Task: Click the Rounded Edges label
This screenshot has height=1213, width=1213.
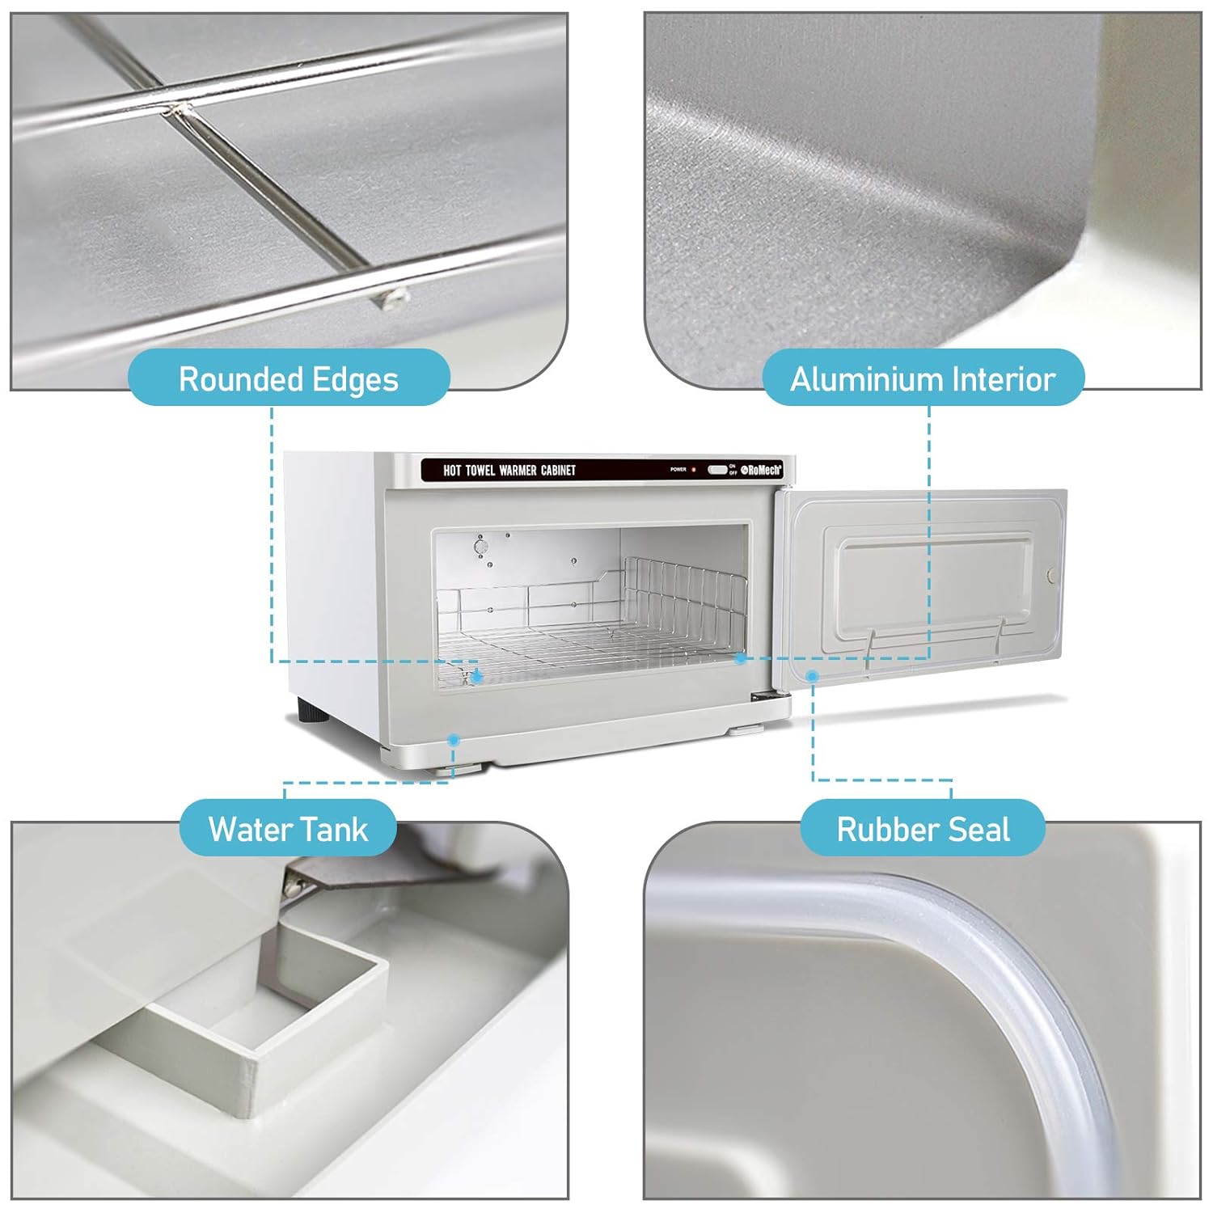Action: click(x=289, y=378)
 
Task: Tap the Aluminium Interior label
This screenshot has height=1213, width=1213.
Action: click(x=923, y=378)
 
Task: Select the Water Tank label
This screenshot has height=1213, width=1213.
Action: click(x=288, y=829)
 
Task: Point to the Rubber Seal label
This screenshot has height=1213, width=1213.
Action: click(x=923, y=829)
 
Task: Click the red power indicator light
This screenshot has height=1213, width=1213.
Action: click(x=693, y=469)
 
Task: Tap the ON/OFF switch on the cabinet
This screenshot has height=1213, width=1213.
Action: click(x=717, y=469)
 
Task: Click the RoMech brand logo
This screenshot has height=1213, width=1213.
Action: click(x=761, y=470)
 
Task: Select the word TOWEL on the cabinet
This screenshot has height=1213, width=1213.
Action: click(x=480, y=470)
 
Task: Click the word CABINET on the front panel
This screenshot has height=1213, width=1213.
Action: click(x=558, y=470)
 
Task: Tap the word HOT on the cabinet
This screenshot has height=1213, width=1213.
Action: click(x=452, y=470)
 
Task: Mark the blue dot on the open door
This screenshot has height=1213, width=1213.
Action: click(x=813, y=674)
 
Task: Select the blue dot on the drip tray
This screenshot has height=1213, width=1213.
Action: click(x=454, y=739)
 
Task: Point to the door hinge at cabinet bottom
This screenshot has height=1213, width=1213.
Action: click(x=763, y=696)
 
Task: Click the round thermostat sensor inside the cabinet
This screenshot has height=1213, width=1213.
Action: click(x=481, y=547)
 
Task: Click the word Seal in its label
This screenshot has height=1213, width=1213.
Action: click(x=981, y=829)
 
